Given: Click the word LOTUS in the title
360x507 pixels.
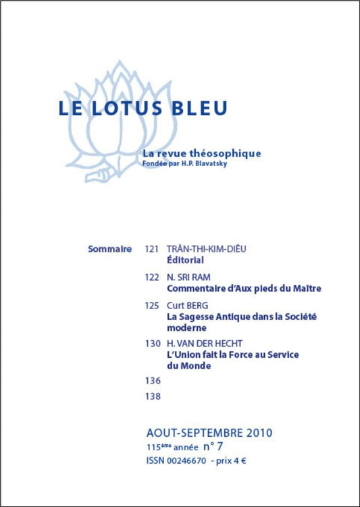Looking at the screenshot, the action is point(126,109).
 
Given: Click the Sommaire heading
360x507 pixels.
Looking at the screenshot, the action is point(110,249).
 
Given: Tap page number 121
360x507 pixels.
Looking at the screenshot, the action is point(153,249).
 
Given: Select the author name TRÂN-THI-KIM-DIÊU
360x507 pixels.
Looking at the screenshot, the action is point(206,249).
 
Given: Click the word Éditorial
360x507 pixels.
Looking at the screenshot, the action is point(185,260).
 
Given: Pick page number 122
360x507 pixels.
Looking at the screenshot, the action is point(153,277).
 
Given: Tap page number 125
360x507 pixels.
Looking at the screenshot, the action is point(153,306).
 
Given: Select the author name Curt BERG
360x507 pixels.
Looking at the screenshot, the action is point(192,306).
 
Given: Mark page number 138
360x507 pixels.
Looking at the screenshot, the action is point(153,396).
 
